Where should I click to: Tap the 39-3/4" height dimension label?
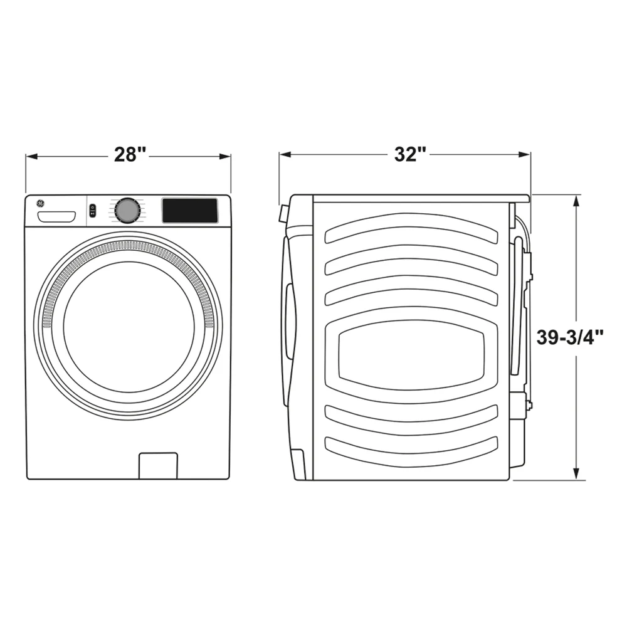coord(569,337)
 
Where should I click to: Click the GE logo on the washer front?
coord(40,203)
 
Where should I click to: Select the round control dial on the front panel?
coord(127,210)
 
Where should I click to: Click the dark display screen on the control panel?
coord(190,210)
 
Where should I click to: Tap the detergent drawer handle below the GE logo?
coord(57,217)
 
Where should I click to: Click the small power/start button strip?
coord(92,211)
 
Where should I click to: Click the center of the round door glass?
coord(129,327)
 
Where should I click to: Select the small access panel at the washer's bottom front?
coord(158,465)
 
